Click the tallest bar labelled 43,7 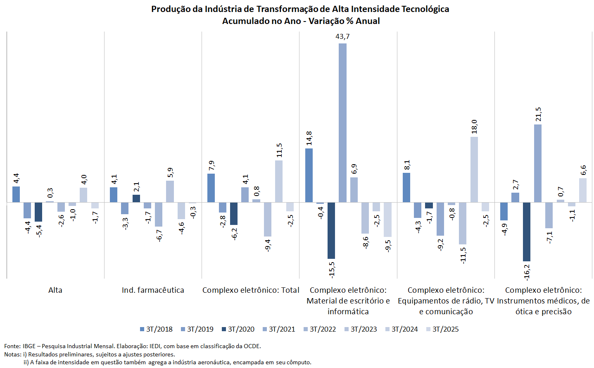coord(342,123)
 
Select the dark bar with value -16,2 coord(526,232)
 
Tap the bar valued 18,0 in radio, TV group coord(474,170)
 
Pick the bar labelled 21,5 coord(537,163)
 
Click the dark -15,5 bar coord(331,230)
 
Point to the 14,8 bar coord(309,175)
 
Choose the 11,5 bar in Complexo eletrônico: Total coord(279,181)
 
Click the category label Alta coord(55,290)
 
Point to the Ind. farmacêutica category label coord(153,290)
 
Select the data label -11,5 coord(463,255)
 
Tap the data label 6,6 coord(583,170)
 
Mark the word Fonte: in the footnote coord(12,346)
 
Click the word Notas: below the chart coord(13,354)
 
